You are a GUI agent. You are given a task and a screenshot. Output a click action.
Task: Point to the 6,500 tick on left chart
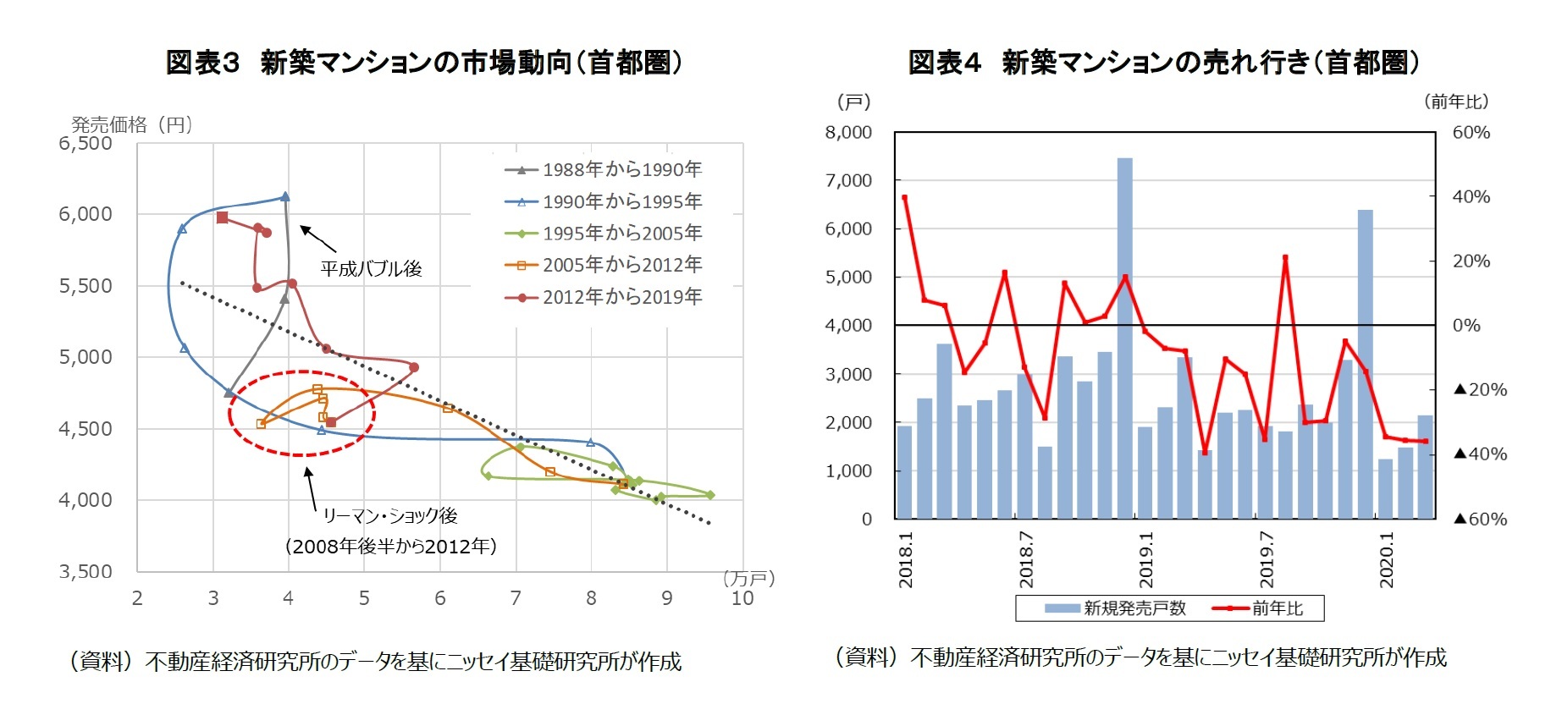pos(86,143)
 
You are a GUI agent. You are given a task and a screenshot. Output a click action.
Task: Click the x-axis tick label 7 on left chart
pos(515,598)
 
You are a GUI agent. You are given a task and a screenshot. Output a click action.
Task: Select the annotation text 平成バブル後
pos(371,269)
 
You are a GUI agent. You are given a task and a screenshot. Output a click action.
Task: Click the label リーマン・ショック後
pos(389,515)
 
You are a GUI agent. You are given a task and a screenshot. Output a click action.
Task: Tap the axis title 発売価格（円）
pos(132,124)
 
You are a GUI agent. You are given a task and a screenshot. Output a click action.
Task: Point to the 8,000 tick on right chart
pos(848,133)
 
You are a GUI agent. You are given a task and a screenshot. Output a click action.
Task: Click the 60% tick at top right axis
pos(1471,133)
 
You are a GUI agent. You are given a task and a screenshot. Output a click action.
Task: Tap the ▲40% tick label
pos(1480,454)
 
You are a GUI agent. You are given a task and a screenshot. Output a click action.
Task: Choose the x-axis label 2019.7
pos(1267,559)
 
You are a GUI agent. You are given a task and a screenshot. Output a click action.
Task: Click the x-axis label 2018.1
pos(906,559)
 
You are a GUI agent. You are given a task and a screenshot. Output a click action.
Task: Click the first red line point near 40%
pos(905,197)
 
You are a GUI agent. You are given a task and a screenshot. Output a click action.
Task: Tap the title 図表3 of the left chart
pos(203,63)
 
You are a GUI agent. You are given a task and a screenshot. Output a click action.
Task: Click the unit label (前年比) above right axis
pos(1455,102)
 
